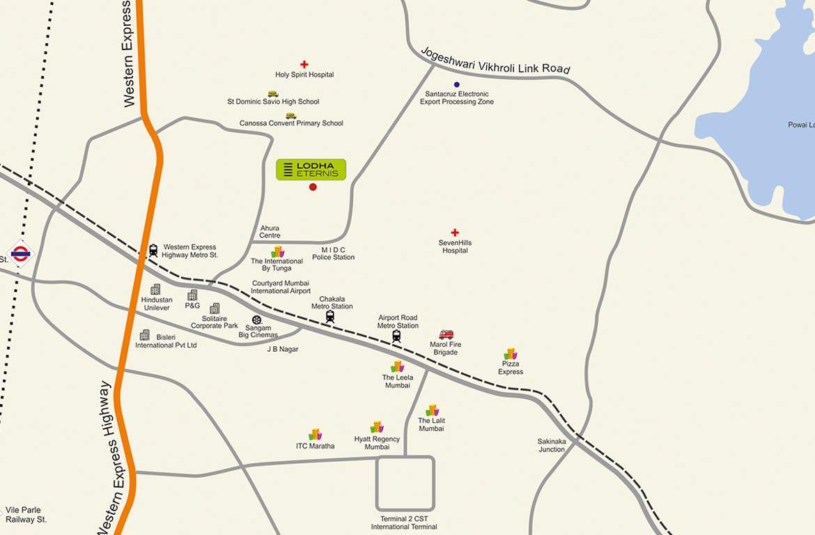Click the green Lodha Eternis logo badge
point(311,169)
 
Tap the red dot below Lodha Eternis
point(313,187)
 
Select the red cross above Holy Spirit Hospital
point(304,65)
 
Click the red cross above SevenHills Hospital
point(455,233)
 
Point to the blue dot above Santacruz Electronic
point(457,84)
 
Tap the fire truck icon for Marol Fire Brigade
point(446,334)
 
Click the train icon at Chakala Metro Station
point(330,316)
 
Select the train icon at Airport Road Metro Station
point(396,336)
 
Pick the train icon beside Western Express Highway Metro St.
point(153,250)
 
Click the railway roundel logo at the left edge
point(20,254)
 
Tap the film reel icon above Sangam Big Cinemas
point(256,320)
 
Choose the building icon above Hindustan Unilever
point(155,289)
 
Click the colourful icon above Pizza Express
point(511,354)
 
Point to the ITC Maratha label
point(315,446)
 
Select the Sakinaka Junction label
point(551,445)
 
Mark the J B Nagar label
point(283,349)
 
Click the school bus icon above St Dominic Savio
point(273,93)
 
